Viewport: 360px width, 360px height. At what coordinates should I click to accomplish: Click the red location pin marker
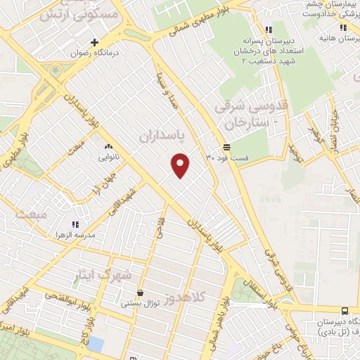tap(181, 165)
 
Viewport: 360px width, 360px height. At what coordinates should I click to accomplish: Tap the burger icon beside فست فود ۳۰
tap(226, 148)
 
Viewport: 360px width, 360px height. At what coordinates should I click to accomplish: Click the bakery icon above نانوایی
tap(108, 146)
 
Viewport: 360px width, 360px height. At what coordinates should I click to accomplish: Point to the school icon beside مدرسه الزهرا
tap(76, 224)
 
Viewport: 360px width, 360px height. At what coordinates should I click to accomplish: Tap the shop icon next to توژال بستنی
tap(140, 293)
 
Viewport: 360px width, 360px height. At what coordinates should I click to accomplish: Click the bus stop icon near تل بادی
tap(344, 311)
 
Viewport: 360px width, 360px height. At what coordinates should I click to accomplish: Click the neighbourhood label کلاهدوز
tap(188, 298)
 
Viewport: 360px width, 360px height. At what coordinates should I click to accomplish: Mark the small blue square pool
tap(95, 344)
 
